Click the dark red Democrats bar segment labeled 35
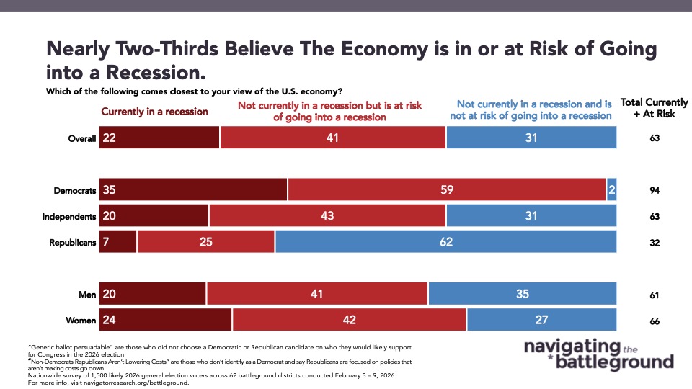pyautogui.click(x=193, y=189)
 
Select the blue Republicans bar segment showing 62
pyautogui.click(x=445, y=242)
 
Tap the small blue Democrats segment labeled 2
pyautogui.click(x=611, y=189)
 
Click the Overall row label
pyautogui.click(x=81, y=138)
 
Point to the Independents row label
pyautogui.click(x=71, y=216)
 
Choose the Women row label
pyautogui.click(x=81, y=321)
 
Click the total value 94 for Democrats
pyautogui.click(x=654, y=190)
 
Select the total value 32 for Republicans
pyautogui.click(x=654, y=243)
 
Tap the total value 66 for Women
pyautogui.click(x=654, y=321)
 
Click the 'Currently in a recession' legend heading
pyautogui.click(x=154, y=112)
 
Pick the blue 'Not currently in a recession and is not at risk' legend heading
pyautogui.click(x=534, y=109)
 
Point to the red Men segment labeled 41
pyautogui.click(x=317, y=294)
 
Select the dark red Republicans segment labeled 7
pyautogui.click(x=117, y=242)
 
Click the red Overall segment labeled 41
pyautogui.click(x=333, y=137)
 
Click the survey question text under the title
pyautogui.click(x=194, y=91)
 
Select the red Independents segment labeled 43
pyautogui.click(x=327, y=216)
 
